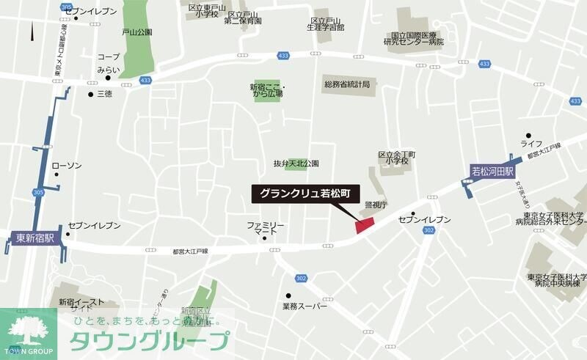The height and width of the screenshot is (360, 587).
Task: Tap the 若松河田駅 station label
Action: pyautogui.click(x=491, y=172)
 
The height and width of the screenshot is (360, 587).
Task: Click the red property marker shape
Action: pyautogui.click(x=365, y=225)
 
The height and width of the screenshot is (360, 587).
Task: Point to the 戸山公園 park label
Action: pyautogui.click(x=136, y=32)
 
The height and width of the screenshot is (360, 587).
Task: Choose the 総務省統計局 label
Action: pyautogui.click(x=347, y=85)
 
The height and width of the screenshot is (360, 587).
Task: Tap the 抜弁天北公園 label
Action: pyautogui.click(x=296, y=163)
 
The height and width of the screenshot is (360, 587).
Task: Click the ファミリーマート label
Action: pyautogui.click(x=265, y=227)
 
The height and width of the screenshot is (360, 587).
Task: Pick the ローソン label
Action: pyautogui.click(x=67, y=166)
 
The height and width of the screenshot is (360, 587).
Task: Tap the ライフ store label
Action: pyautogui.click(x=531, y=143)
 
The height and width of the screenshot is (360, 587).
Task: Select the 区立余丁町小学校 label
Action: pyautogui.click(x=396, y=159)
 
